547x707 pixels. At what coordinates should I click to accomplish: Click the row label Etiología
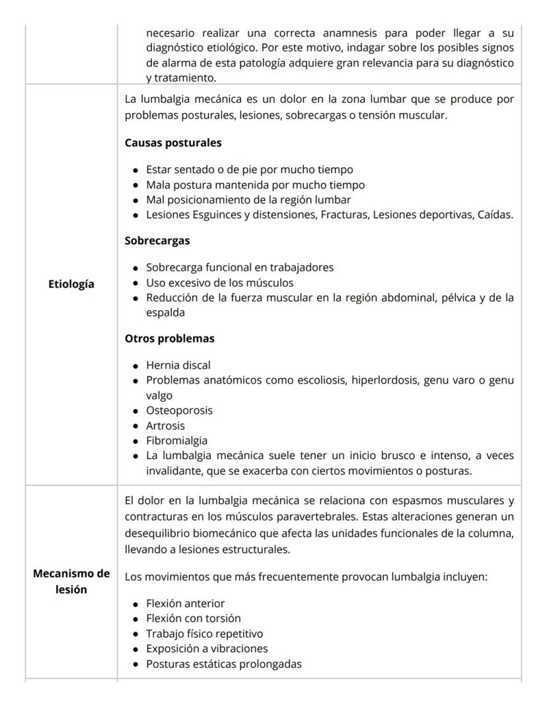pyautogui.click(x=71, y=284)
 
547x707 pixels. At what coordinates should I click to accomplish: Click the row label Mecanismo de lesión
pyautogui.click(x=71, y=582)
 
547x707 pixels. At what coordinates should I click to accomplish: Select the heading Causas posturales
pyautogui.click(x=173, y=143)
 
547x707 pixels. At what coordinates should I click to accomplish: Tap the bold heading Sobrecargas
pyautogui.click(x=157, y=241)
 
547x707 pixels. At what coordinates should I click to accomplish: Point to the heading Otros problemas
pyautogui.click(x=170, y=338)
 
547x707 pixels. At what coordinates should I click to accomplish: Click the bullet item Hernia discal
pyautogui.click(x=178, y=365)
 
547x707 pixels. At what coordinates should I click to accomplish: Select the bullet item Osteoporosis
pyautogui.click(x=179, y=410)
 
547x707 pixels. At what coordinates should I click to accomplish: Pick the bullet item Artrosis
pyautogui.click(x=165, y=426)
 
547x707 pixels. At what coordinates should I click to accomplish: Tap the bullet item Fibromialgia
pyautogui.click(x=176, y=441)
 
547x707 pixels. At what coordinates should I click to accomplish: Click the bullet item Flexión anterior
pyautogui.click(x=185, y=603)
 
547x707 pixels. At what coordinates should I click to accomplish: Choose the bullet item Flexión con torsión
pyautogui.click(x=193, y=618)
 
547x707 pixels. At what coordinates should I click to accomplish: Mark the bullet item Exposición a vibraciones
pyautogui.click(x=207, y=649)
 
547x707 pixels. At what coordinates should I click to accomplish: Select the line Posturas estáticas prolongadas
pyautogui.click(x=223, y=664)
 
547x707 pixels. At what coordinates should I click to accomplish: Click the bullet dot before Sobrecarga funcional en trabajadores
pyautogui.click(x=135, y=268)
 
